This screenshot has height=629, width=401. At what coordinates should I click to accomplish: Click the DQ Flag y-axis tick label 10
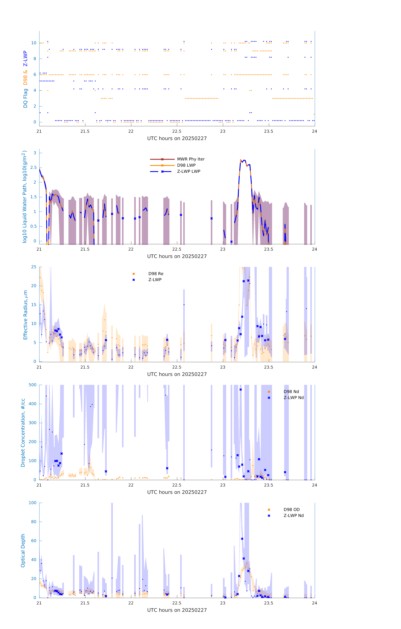coord(34,43)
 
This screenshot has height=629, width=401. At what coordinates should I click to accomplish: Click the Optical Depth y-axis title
coord(23,550)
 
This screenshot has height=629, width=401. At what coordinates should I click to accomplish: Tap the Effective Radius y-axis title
coord(25,315)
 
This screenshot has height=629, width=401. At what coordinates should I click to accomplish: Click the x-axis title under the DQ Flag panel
coord(177,138)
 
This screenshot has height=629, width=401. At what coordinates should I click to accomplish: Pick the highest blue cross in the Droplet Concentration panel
coord(241,389)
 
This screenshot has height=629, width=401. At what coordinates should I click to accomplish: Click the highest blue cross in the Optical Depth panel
coord(242,539)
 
